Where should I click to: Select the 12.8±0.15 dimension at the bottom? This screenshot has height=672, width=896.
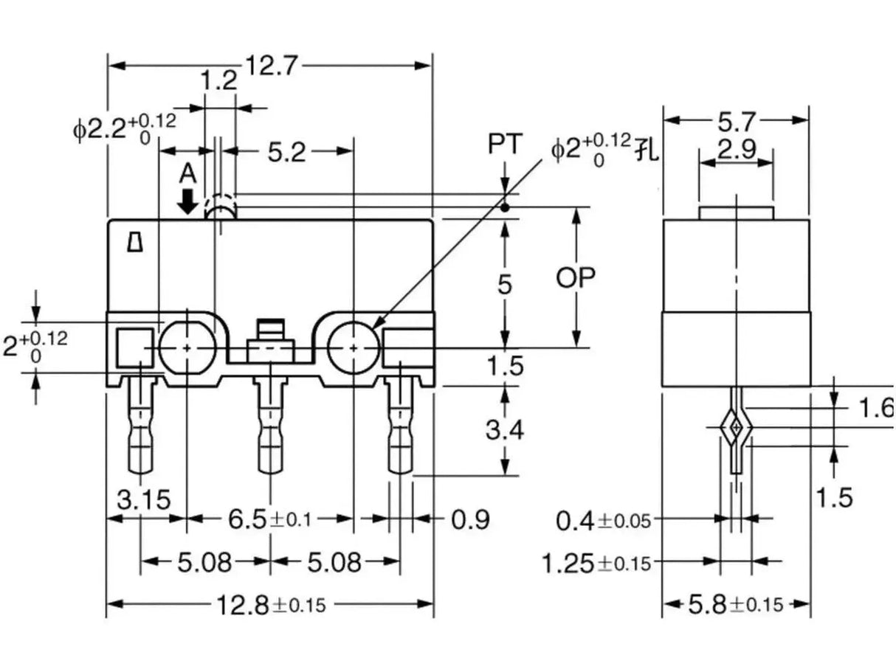pyautogui.click(x=270, y=606)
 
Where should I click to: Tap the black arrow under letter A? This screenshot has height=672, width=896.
pyautogui.click(x=189, y=201)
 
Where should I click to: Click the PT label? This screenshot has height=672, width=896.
pyautogui.click(x=505, y=144)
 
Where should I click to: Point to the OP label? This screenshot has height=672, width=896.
pyautogui.click(x=576, y=277)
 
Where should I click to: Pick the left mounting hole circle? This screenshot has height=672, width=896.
pyautogui.click(x=186, y=347)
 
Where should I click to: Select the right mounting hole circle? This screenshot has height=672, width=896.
pyautogui.click(x=354, y=347)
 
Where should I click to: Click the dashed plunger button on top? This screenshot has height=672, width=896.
pyautogui.click(x=221, y=207)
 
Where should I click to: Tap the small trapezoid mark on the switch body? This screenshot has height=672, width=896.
pyautogui.click(x=134, y=242)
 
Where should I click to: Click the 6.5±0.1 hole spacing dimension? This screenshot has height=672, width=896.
pyautogui.click(x=270, y=520)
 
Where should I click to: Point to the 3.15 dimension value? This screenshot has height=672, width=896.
pyautogui.click(x=144, y=499)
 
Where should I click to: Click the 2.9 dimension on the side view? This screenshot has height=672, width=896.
pyautogui.click(x=736, y=150)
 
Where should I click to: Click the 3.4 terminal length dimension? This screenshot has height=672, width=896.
pyautogui.click(x=505, y=429)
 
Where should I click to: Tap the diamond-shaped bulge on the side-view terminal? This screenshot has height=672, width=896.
pyautogui.click(x=735, y=427)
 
